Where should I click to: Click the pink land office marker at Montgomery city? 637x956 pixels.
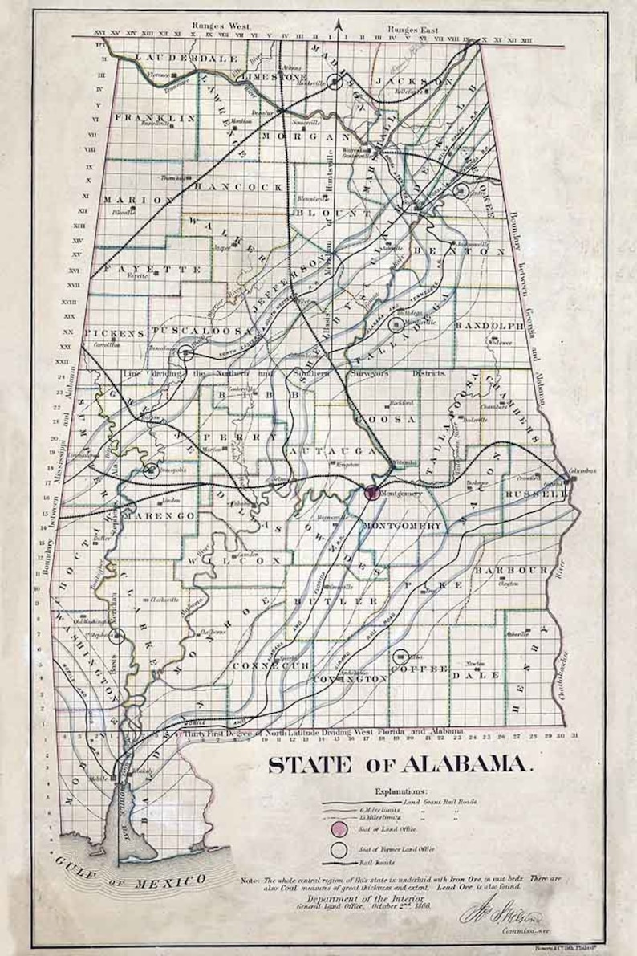[371, 493]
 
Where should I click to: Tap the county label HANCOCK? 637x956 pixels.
[239, 185]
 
